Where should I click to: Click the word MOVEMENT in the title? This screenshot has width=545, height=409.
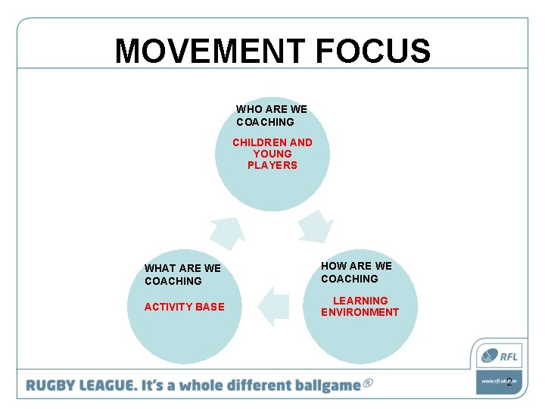[210, 52]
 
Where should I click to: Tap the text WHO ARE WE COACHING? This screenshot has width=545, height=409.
[271, 115]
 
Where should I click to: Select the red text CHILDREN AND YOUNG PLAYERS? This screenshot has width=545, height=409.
[272, 154]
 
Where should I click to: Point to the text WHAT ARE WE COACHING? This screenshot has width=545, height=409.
[182, 274]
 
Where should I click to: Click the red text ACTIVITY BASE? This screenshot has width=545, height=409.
[184, 307]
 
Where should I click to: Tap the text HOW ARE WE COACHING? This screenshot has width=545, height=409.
[356, 272]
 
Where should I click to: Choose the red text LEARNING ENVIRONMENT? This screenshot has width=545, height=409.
[360, 306]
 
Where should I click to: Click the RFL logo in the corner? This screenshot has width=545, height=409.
[497, 355]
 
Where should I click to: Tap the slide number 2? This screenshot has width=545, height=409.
[509, 382]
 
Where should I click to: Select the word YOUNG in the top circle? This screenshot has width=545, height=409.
[272, 154]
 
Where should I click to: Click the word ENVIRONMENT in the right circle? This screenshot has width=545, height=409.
[360, 312]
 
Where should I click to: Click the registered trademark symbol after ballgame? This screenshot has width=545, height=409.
[368, 383]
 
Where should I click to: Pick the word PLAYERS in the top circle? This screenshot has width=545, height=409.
[272, 165]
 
